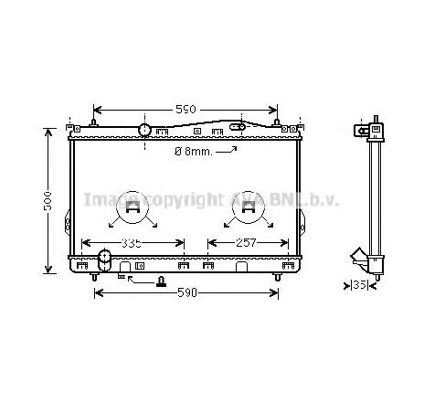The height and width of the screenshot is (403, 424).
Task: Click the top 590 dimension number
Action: (x=185, y=110)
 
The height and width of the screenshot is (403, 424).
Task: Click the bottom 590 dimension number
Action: (x=186, y=292)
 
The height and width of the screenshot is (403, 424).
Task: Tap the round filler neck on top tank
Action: (x=144, y=129)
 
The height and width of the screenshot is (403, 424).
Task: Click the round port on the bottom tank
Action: (x=103, y=265)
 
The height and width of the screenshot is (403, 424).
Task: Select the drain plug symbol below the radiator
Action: (x=162, y=281)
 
